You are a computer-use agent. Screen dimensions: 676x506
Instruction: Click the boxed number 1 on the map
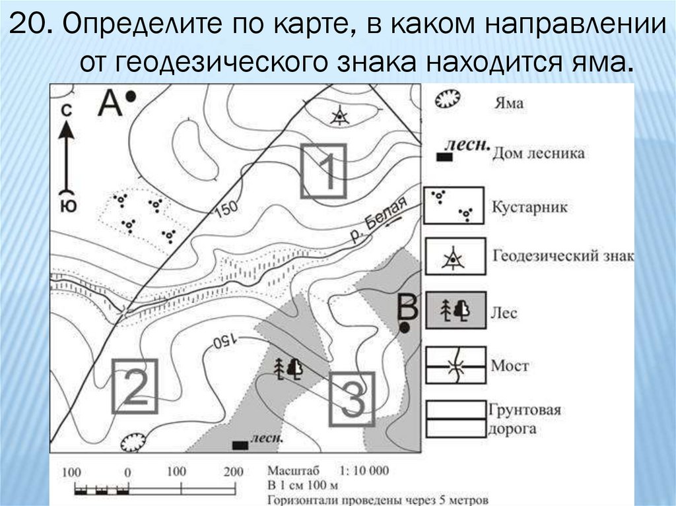coord(323,171)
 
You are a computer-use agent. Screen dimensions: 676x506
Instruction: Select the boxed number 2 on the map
coord(134,386)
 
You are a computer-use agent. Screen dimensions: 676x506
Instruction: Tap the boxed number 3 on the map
coord(352,398)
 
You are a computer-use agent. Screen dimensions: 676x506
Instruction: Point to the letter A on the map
coord(111,102)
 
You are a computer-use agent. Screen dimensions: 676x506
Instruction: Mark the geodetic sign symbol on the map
coord(339,116)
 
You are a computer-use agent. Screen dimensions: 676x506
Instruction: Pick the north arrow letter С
coord(66,111)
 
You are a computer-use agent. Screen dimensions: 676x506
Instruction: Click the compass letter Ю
coord(67,205)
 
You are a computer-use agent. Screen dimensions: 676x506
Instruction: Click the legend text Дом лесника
coord(537,153)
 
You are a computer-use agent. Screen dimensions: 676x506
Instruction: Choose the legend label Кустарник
coord(529,206)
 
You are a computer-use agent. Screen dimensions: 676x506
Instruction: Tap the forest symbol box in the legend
coord(455,310)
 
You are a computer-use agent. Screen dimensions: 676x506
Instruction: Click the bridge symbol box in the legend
coord(455,365)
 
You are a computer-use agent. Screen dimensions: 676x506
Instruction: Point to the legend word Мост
coord(510,365)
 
